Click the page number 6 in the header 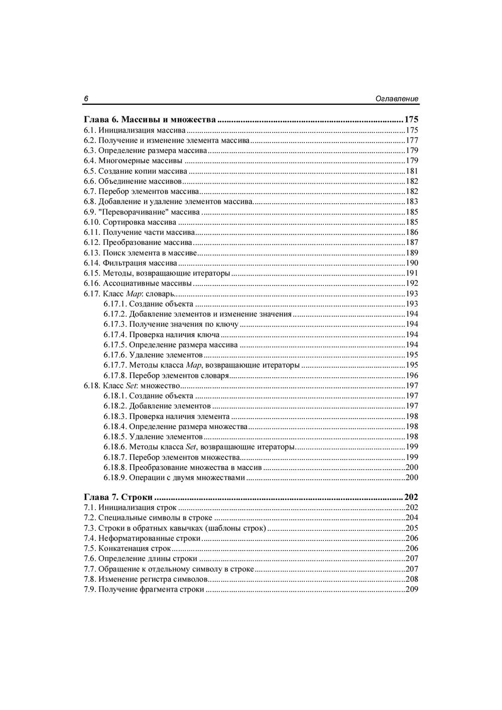(86, 99)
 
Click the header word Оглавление (397, 99)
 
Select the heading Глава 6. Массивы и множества (150, 120)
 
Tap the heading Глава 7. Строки (118, 497)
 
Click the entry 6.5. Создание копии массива (135, 171)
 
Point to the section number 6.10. (92, 222)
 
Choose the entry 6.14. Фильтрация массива (131, 263)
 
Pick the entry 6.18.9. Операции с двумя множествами (174, 478)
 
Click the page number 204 (412, 518)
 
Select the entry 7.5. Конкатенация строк (127, 548)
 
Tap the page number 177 (412, 140)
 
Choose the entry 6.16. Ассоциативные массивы (138, 283)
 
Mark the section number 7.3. (89, 528)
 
